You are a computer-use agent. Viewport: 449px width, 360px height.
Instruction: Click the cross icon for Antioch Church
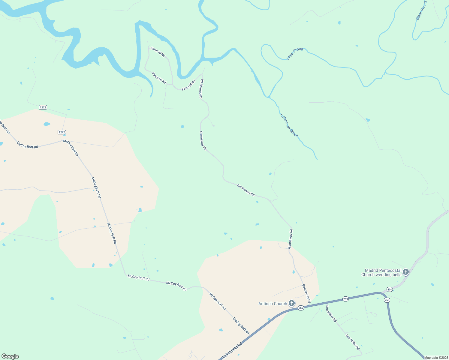click(x=292, y=303)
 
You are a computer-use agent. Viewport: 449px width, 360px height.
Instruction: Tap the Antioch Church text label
click(x=273, y=304)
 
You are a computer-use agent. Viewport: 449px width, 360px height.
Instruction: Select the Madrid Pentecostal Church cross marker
click(x=406, y=272)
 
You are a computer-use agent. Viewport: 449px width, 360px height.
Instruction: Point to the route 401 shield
click(x=390, y=289)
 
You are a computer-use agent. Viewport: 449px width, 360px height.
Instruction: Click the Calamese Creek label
click(x=289, y=125)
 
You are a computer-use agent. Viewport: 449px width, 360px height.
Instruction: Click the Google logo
click(x=10, y=356)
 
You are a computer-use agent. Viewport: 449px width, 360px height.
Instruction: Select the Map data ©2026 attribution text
click(x=436, y=358)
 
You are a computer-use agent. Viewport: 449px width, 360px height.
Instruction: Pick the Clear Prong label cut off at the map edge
click(x=421, y=11)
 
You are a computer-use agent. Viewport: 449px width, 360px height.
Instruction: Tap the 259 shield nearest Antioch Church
click(x=301, y=308)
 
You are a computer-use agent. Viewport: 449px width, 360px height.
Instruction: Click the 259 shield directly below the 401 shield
click(x=387, y=300)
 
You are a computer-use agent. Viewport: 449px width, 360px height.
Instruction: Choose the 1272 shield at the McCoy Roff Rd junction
click(x=62, y=132)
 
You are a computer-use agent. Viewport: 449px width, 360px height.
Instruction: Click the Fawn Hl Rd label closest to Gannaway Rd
click(x=188, y=85)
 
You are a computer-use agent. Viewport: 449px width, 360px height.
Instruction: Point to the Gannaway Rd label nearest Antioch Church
click(x=306, y=293)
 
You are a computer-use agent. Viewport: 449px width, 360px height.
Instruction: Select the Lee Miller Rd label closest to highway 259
click(x=331, y=314)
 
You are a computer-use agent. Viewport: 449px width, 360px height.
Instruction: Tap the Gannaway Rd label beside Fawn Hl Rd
click(x=202, y=89)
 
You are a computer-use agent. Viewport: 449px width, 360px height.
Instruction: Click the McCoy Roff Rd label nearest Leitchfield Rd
click(x=241, y=326)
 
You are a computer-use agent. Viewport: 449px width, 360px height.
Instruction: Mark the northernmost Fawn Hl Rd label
click(x=158, y=52)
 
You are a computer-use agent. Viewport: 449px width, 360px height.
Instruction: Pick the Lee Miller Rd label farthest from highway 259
click(x=353, y=342)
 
